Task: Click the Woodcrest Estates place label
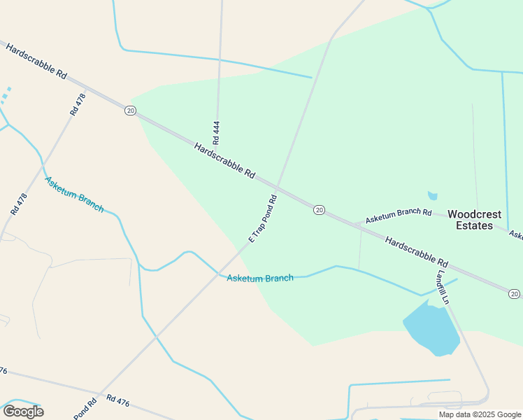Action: [479, 220]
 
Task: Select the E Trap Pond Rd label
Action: [263, 219]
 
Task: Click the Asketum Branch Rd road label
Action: [399, 216]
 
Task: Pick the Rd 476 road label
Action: [118, 400]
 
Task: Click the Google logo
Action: [23, 411]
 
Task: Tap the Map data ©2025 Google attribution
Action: [480, 414]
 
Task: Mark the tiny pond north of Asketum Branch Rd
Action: [432, 196]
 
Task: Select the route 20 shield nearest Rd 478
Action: [130, 111]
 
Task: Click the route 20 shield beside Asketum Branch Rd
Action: [319, 210]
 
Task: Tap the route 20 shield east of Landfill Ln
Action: [514, 293]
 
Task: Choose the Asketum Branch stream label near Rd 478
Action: [74, 194]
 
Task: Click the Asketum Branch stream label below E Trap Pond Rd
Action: [260, 278]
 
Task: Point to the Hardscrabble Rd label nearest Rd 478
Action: [36, 62]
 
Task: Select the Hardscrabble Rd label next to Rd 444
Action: [224, 160]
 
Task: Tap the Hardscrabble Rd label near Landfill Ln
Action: [416, 253]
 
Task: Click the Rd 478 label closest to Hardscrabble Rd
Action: [78, 104]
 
